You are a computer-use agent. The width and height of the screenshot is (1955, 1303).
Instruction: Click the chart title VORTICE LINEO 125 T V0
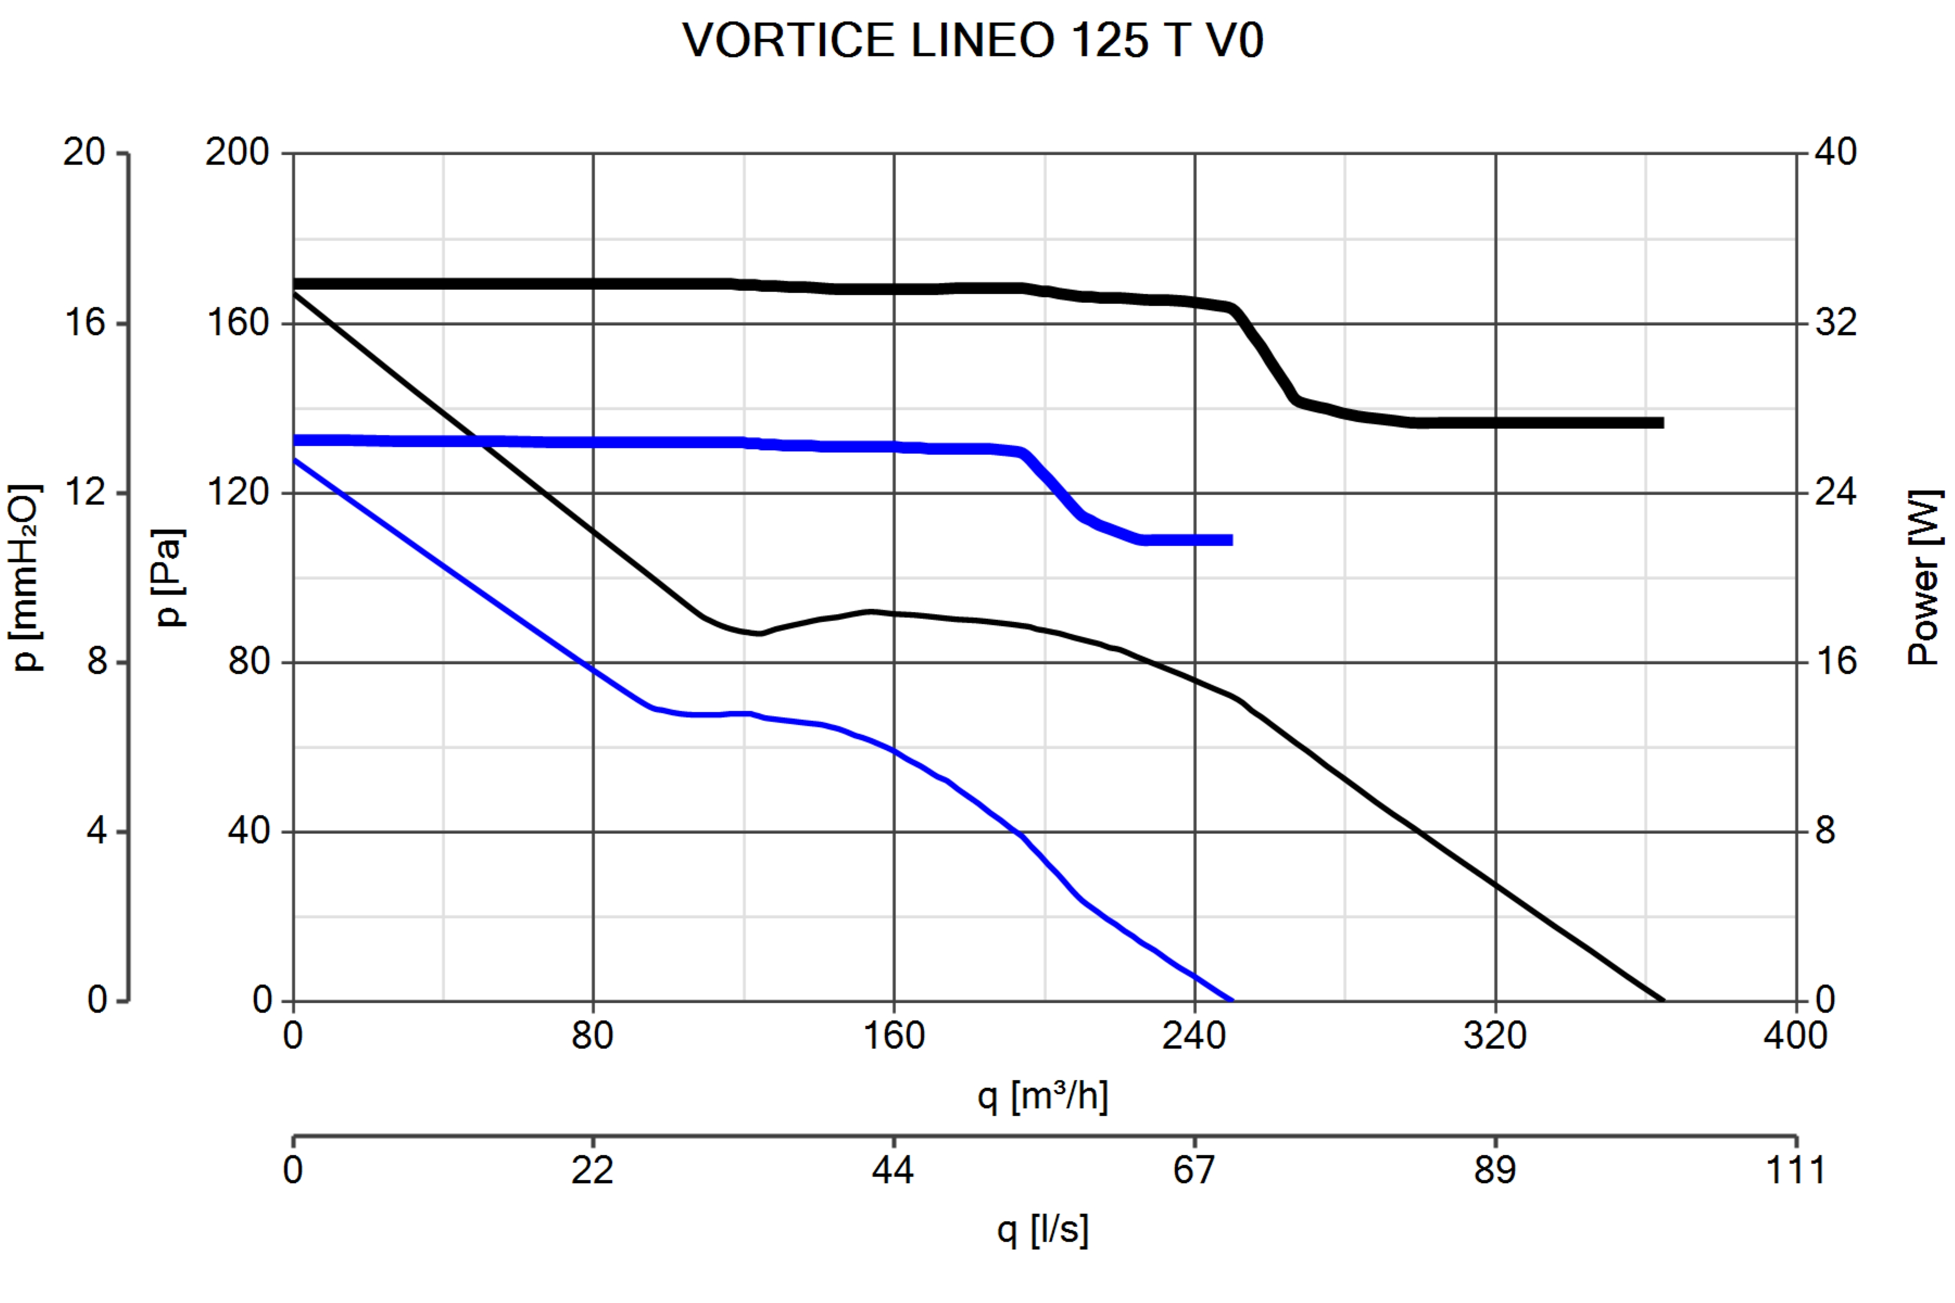point(973,40)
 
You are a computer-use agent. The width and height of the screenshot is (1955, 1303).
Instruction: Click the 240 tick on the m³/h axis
point(1194,1035)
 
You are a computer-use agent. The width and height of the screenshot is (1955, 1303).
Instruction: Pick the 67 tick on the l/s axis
point(1194,1170)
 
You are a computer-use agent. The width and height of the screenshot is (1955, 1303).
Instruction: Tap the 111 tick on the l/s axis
point(1795,1170)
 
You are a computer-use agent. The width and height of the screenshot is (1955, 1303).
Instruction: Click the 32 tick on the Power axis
point(1836,322)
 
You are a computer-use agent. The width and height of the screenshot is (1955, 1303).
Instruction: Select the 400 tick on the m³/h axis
point(1795,1035)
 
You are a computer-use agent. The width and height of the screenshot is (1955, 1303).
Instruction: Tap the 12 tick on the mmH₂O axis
point(84,492)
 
